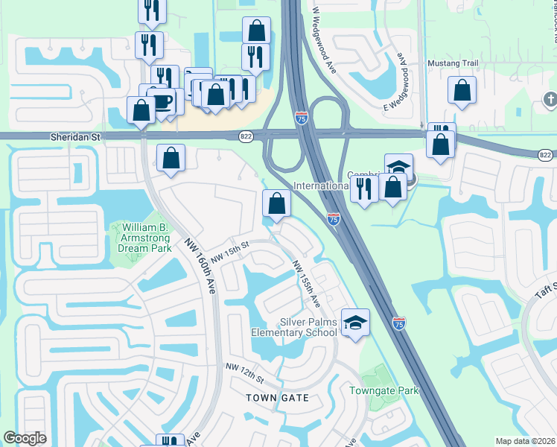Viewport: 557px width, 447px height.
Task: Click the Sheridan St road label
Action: click(x=74, y=137)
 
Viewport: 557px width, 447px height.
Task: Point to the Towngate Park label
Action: click(x=384, y=390)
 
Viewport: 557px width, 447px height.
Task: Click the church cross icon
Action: click(x=550, y=99)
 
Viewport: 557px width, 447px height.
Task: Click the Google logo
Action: click(x=25, y=439)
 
